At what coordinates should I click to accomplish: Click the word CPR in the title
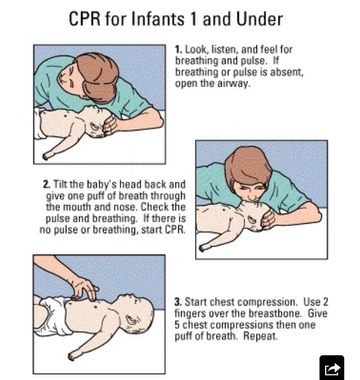click(84, 19)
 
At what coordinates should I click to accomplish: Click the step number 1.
click(178, 49)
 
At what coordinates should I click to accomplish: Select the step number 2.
click(47, 184)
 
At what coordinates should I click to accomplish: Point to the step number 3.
click(178, 302)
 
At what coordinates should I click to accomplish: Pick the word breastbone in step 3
click(276, 313)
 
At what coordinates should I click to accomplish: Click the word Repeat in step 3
click(260, 336)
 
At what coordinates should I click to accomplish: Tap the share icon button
click(332, 368)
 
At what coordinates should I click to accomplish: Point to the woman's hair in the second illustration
click(247, 167)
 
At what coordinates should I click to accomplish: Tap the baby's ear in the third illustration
click(132, 322)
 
